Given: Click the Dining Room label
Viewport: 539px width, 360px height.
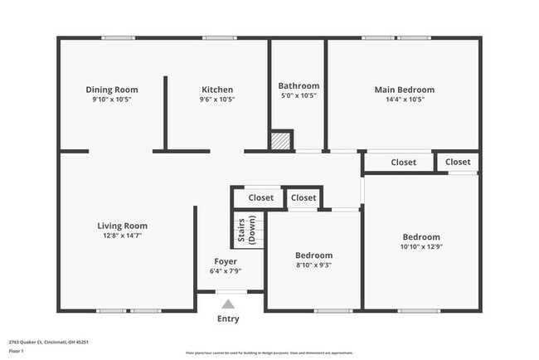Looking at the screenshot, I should (x=112, y=90).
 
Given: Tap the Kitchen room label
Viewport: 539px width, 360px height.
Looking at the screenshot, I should (x=217, y=90).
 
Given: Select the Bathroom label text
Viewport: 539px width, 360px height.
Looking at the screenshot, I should (x=299, y=85).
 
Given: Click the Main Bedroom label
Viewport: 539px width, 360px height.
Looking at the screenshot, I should (x=404, y=90).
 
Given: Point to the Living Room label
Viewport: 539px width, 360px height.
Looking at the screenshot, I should (x=122, y=226).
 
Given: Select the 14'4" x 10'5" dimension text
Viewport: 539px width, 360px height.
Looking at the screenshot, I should (x=404, y=100).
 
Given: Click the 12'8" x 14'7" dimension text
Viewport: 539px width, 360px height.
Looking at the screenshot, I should (x=122, y=236).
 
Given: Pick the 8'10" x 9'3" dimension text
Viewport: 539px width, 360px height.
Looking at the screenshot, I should (x=313, y=265).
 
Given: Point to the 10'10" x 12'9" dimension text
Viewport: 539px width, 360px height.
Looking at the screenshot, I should (x=422, y=246).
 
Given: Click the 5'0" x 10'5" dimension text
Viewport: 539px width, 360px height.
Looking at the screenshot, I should (x=299, y=95).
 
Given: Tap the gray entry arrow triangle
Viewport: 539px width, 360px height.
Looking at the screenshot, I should (x=228, y=304).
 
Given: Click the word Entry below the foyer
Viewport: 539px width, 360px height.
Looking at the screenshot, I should (x=228, y=319).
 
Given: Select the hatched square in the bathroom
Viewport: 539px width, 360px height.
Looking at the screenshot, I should (x=282, y=141).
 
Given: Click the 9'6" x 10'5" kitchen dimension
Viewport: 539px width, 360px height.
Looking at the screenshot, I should (x=217, y=100).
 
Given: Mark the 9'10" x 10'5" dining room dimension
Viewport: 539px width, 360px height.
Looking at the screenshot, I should (x=112, y=100).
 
